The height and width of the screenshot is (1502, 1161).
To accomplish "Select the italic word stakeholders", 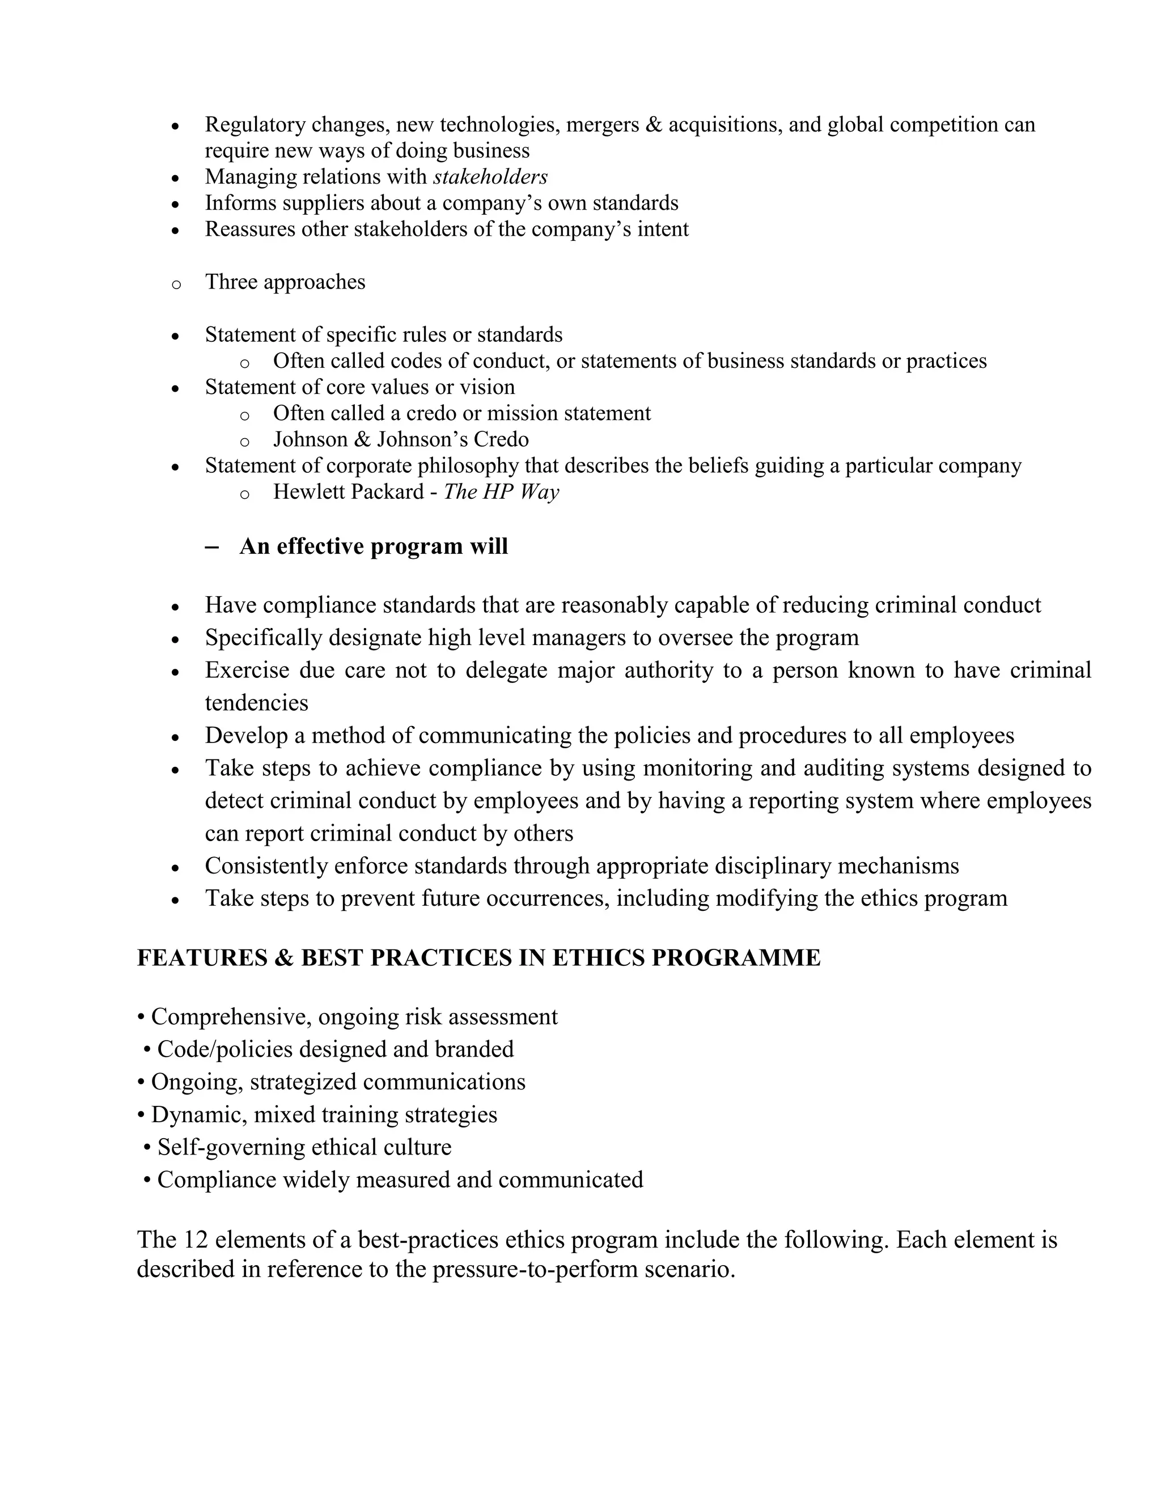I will (490, 177).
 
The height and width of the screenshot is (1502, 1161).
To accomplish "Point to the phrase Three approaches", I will (285, 282).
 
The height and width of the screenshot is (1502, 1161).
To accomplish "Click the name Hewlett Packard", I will (348, 492).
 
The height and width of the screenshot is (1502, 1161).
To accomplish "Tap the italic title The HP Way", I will (501, 492).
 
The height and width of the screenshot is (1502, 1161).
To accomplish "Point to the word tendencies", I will (257, 703).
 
